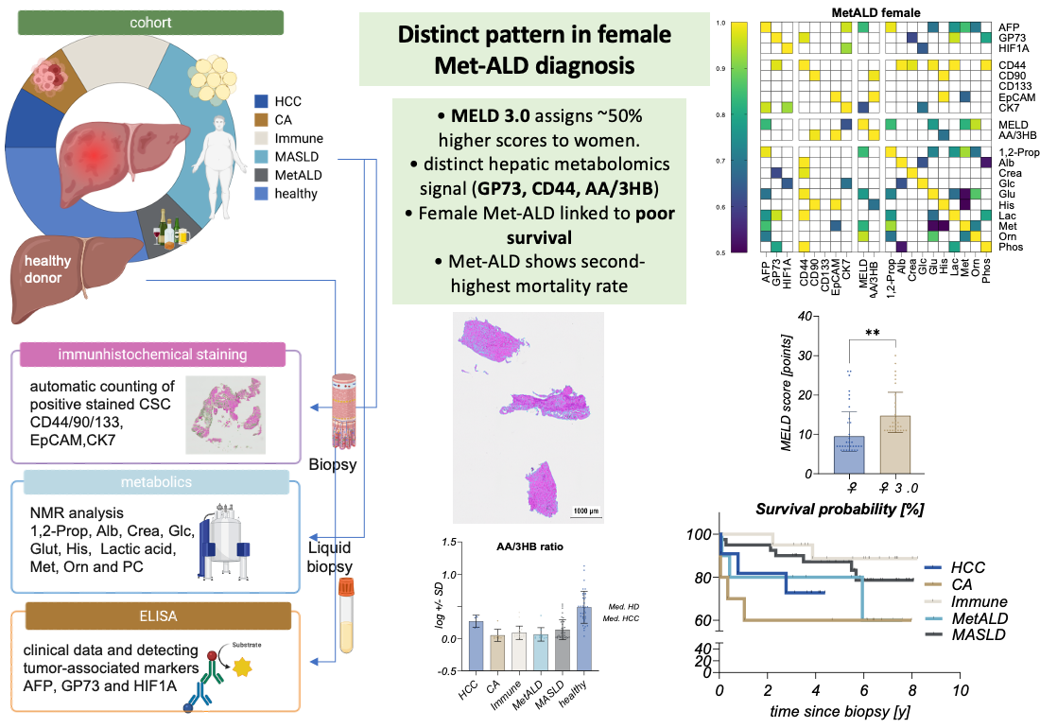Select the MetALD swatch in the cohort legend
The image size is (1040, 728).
[262, 175]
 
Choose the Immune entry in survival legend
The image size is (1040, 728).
[978, 601]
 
